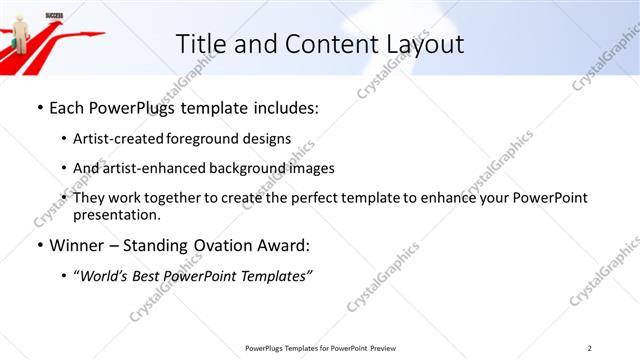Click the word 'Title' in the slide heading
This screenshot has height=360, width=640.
[199, 44]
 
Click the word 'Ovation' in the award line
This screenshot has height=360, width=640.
[228, 246]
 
